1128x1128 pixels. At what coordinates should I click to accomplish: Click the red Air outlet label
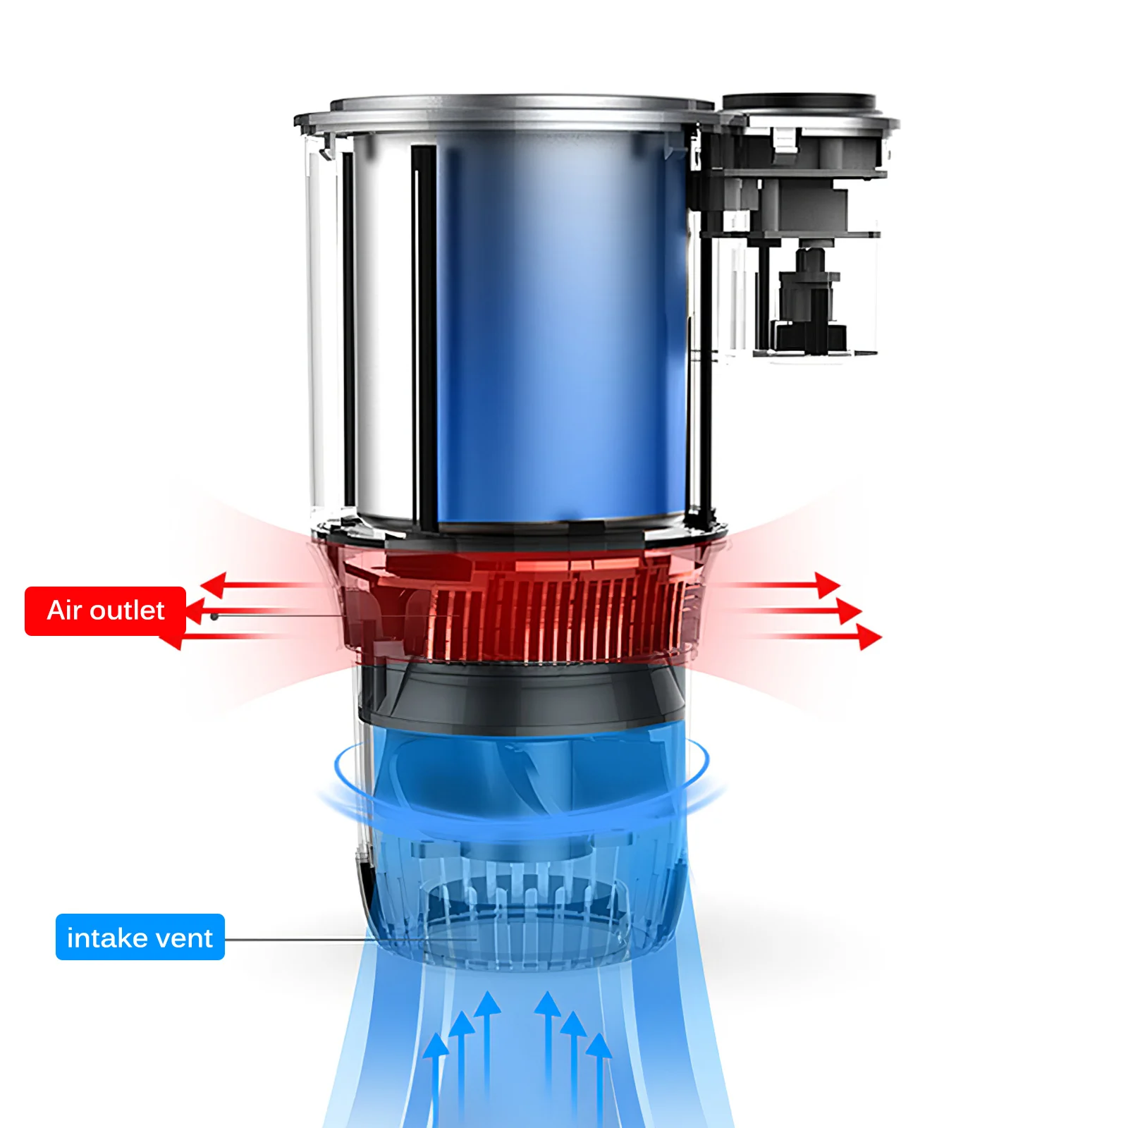pyautogui.click(x=105, y=611)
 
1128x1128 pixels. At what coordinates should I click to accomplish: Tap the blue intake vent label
pyautogui.click(x=140, y=937)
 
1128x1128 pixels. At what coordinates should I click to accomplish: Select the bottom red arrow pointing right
pyautogui.click(x=818, y=637)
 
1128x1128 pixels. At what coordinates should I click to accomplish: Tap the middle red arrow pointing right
pyautogui.click(x=797, y=611)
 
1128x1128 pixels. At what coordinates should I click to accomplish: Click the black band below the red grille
pyautogui.click(x=522, y=694)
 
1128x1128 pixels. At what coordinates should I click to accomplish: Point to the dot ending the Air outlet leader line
pyautogui.click(x=214, y=616)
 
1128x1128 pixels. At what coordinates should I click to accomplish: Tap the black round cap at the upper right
pyautogui.click(x=800, y=103)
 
